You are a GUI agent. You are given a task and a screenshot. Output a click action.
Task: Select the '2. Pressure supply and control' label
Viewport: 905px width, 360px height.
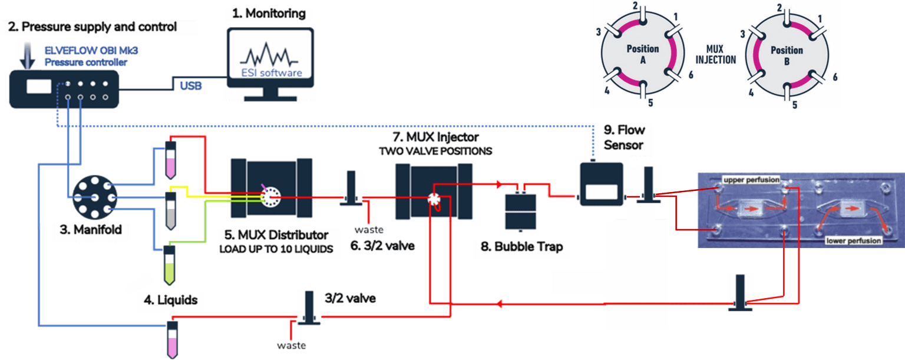tap(98, 27)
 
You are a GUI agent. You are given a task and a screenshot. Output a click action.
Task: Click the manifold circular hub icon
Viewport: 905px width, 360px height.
tap(91, 198)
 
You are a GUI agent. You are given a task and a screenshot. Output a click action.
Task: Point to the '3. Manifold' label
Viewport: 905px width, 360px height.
tap(91, 230)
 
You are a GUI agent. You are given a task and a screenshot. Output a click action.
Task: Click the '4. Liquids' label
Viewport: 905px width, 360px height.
tap(170, 300)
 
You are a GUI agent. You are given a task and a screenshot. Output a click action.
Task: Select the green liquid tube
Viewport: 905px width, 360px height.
tap(170, 269)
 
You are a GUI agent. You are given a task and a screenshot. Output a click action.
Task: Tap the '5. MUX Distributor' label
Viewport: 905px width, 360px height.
tap(276, 235)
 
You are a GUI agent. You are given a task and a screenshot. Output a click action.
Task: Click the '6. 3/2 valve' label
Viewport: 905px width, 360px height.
tap(382, 246)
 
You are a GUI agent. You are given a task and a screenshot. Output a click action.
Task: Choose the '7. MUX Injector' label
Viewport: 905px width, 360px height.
tap(435, 137)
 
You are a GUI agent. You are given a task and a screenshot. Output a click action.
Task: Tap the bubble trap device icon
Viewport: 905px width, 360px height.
tap(521, 211)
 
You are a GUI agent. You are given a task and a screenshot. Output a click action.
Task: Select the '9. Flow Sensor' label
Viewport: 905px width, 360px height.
tap(623, 137)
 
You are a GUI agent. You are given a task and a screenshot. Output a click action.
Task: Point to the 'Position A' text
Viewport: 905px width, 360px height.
tap(642, 54)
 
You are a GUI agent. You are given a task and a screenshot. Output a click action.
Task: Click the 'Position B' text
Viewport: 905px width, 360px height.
tap(787, 56)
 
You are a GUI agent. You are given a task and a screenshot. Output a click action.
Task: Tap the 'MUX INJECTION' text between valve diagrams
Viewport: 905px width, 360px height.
tap(715, 55)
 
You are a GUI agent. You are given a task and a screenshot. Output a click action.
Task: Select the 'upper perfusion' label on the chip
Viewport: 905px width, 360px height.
tap(751, 179)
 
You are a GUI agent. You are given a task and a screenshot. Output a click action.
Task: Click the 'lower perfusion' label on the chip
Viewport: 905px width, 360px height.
tap(853, 240)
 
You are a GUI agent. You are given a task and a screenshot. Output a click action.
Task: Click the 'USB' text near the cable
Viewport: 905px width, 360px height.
tap(191, 87)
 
